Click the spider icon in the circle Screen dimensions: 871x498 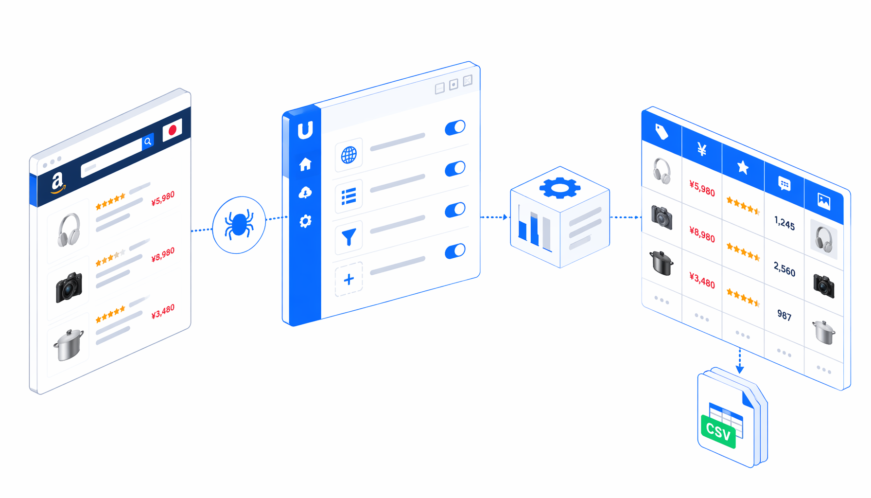click(x=239, y=225)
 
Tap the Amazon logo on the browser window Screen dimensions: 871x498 click(x=58, y=183)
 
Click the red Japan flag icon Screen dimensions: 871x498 click(x=172, y=130)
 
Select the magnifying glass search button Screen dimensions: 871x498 click(x=148, y=142)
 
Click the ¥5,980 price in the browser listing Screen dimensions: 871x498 click(x=163, y=198)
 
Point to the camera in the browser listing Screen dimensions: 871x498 click(x=69, y=287)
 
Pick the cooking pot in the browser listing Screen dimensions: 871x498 click(x=69, y=345)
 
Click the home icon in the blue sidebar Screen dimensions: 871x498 click(x=305, y=164)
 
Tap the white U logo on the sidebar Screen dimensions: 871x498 click(x=305, y=130)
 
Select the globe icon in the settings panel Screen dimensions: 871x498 click(x=348, y=155)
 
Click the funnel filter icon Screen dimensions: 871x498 click(x=348, y=237)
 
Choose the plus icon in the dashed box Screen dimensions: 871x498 click(x=348, y=279)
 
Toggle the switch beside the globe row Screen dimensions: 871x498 click(x=455, y=127)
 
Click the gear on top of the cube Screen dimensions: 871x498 click(x=560, y=188)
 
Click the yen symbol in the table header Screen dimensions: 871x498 click(x=702, y=149)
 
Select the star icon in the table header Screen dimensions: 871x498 click(x=743, y=167)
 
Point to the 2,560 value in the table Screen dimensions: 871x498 click(x=784, y=268)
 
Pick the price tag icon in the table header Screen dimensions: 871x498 click(x=662, y=132)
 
